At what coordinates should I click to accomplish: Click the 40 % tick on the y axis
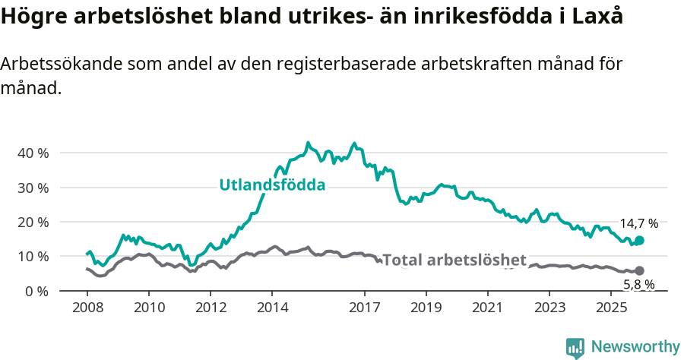(x=33, y=153)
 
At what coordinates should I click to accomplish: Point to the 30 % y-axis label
(x=33, y=188)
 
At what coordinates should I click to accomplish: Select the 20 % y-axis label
(x=33, y=222)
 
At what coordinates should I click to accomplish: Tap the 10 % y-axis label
(x=33, y=257)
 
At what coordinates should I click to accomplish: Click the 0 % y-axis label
(x=36, y=291)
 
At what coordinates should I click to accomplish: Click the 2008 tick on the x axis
(x=87, y=308)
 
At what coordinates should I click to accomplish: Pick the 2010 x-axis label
(x=148, y=308)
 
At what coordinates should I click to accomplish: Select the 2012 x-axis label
(x=211, y=308)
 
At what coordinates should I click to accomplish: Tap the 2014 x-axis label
(x=272, y=308)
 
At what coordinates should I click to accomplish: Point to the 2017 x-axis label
(x=365, y=308)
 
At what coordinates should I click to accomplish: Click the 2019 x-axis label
(x=426, y=308)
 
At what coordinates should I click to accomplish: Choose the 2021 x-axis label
(x=489, y=308)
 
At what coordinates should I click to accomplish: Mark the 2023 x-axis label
(x=550, y=308)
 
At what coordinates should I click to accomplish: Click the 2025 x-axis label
(x=612, y=308)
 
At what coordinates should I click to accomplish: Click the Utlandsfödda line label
(x=272, y=185)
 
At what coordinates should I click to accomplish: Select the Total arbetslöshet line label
(x=454, y=261)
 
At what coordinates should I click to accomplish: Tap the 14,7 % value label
(x=639, y=224)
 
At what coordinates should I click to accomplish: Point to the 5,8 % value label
(x=639, y=285)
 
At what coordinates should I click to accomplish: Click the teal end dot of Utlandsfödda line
(x=639, y=241)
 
